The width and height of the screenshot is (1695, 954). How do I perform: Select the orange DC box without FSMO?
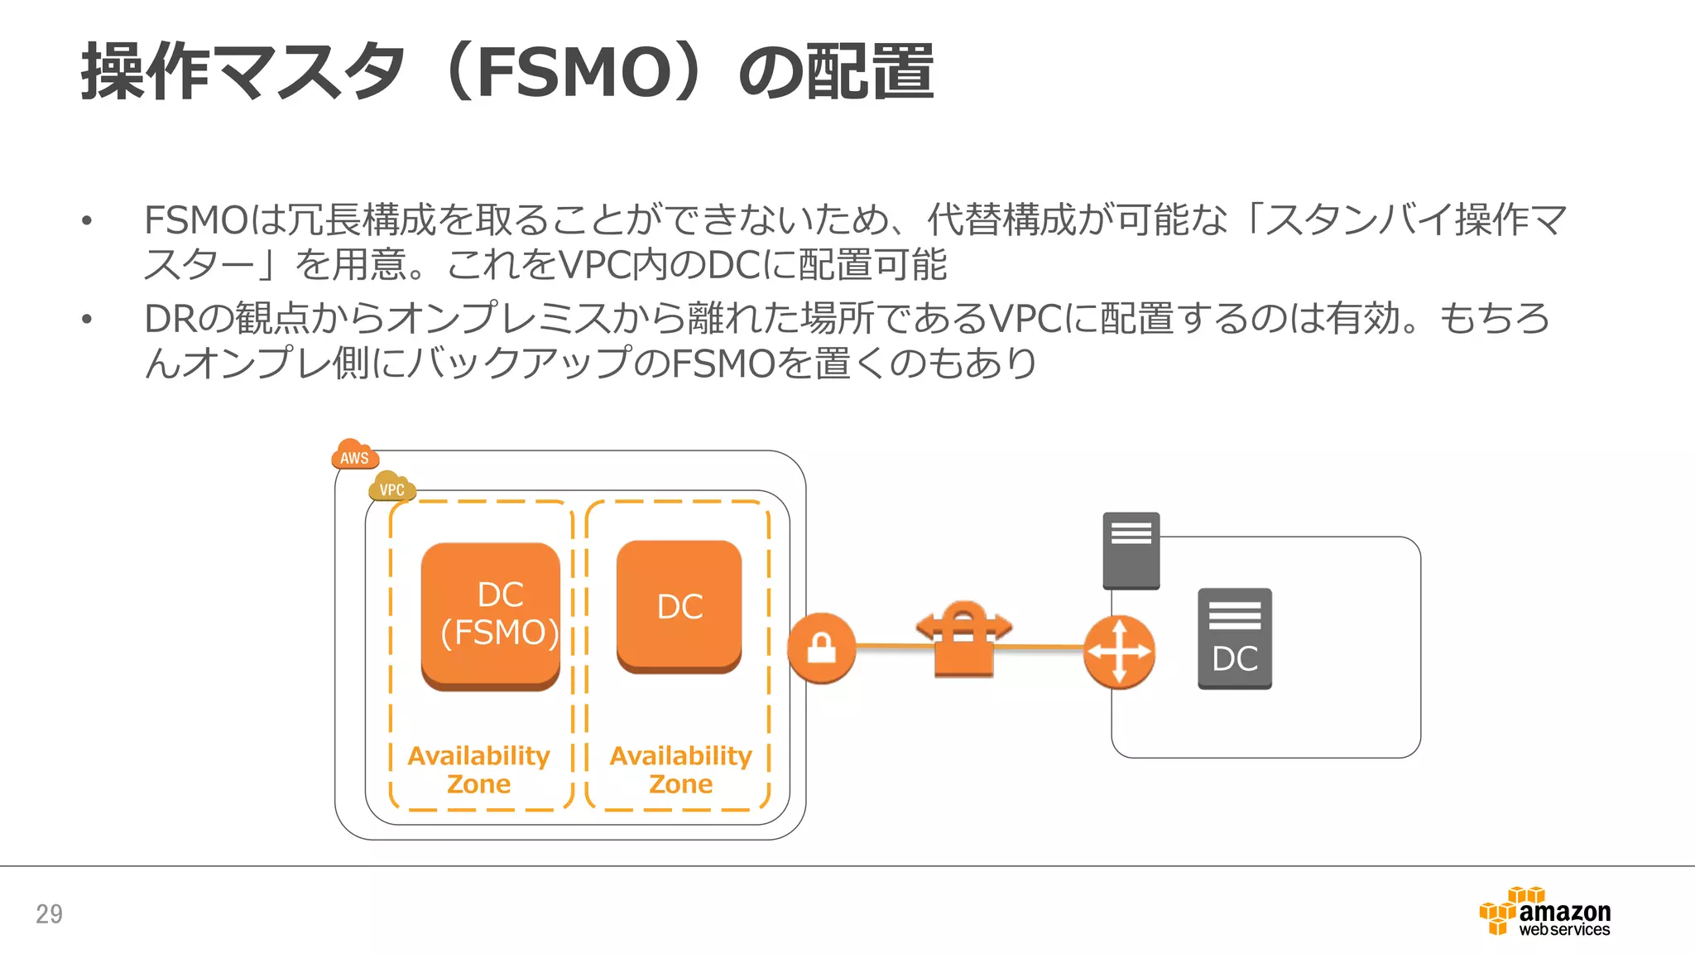[x=679, y=606]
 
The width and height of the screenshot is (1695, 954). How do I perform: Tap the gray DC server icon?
[x=1234, y=638]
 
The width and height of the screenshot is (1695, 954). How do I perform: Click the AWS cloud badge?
[x=355, y=455]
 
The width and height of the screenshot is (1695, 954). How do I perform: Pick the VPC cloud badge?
[x=391, y=487]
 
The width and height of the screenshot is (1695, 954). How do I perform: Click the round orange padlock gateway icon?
[x=820, y=648]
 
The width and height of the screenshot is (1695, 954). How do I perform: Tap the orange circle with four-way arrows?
[x=1119, y=652]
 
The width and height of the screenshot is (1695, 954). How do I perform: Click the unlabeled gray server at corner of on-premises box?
[x=1131, y=550]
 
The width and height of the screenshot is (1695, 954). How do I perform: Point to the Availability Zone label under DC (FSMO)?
[x=479, y=769]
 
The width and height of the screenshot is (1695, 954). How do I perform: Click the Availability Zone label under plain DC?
[x=680, y=769]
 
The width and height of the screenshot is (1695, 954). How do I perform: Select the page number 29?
[x=49, y=913]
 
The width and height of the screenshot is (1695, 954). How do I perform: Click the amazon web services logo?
[x=1546, y=912]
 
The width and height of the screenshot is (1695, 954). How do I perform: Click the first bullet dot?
[x=87, y=221]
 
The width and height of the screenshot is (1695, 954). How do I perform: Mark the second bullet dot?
[x=87, y=320]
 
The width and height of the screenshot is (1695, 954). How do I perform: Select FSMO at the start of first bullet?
[x=195, y=221]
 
